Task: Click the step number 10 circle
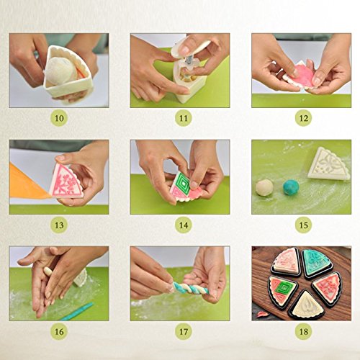(59, 118)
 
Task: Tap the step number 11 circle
(183, 118)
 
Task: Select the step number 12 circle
(303, 118)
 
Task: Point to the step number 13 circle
(59, 225)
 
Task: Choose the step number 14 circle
(183, 225)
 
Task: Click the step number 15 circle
(303, 225)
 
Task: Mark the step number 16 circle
(59, 331)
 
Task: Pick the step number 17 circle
(183, 331)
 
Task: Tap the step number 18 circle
(303, 331)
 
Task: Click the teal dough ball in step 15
(291, 188)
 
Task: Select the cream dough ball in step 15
(264, 188)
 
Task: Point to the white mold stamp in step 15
(329, 164)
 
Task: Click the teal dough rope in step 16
(76, 312)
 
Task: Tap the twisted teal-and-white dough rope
(190, 288)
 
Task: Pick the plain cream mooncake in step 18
(306, 305)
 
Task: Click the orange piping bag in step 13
(27, 182)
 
